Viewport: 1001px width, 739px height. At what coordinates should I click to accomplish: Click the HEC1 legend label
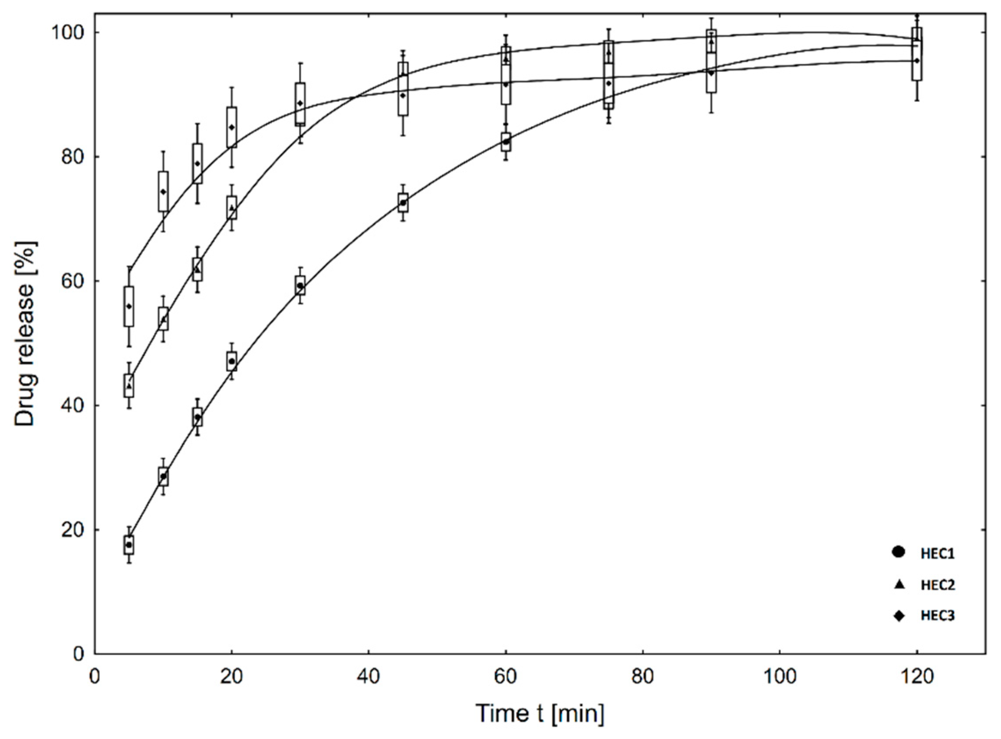tap(938, 554)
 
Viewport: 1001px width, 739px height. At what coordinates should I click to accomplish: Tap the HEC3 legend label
tap(938, 616)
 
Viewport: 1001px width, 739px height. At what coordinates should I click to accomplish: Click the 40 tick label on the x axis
tap(368, 677)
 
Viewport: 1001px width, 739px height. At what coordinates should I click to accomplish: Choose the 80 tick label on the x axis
tap(642, 677)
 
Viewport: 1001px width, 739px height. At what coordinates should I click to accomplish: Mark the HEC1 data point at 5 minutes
tap(129, 545)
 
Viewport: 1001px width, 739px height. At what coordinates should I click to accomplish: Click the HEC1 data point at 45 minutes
tap(403, 203)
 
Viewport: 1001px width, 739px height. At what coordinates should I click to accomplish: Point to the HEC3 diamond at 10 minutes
tap(163, 192)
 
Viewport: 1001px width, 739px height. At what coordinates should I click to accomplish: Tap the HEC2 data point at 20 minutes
tap(232, 208)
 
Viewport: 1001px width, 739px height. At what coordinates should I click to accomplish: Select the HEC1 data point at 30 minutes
tap(300, 285)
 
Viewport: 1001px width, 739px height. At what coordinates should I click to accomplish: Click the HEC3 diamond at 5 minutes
tap(129, 306)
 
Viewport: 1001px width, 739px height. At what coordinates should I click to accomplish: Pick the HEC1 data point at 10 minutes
tap(163, 476)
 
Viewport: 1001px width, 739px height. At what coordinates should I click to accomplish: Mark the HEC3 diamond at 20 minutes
tap(232, 127)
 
